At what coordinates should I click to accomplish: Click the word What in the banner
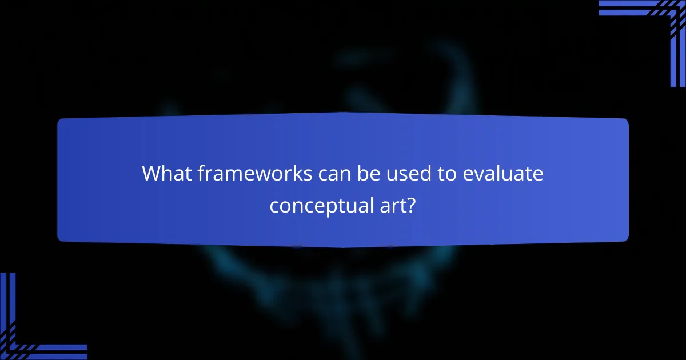[x=163, y=173]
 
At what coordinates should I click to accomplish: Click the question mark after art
[x=411, y=205]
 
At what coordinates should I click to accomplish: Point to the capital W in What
[x=152, y=173]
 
